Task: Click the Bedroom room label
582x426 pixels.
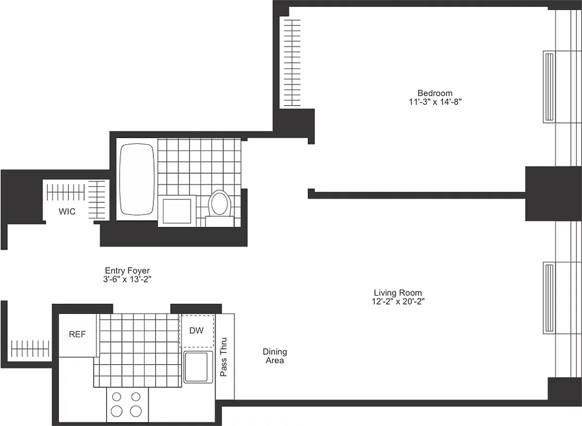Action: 435,93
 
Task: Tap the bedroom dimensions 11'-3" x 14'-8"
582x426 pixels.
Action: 435,102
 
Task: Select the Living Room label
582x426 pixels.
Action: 398,293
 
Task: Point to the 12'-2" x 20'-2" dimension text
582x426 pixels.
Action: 398,301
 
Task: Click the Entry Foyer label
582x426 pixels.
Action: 127,271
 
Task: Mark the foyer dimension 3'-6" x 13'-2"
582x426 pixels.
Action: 127,279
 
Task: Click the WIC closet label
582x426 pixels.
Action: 67,211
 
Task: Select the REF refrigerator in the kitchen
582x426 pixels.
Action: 78,335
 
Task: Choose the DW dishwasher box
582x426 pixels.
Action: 197,331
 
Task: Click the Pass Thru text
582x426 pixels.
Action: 224,357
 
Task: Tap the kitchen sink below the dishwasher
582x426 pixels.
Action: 198,366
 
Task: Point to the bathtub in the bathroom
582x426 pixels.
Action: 137,179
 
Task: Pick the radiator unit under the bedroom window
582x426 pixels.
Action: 548,86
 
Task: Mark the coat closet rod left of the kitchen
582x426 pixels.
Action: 30,349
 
